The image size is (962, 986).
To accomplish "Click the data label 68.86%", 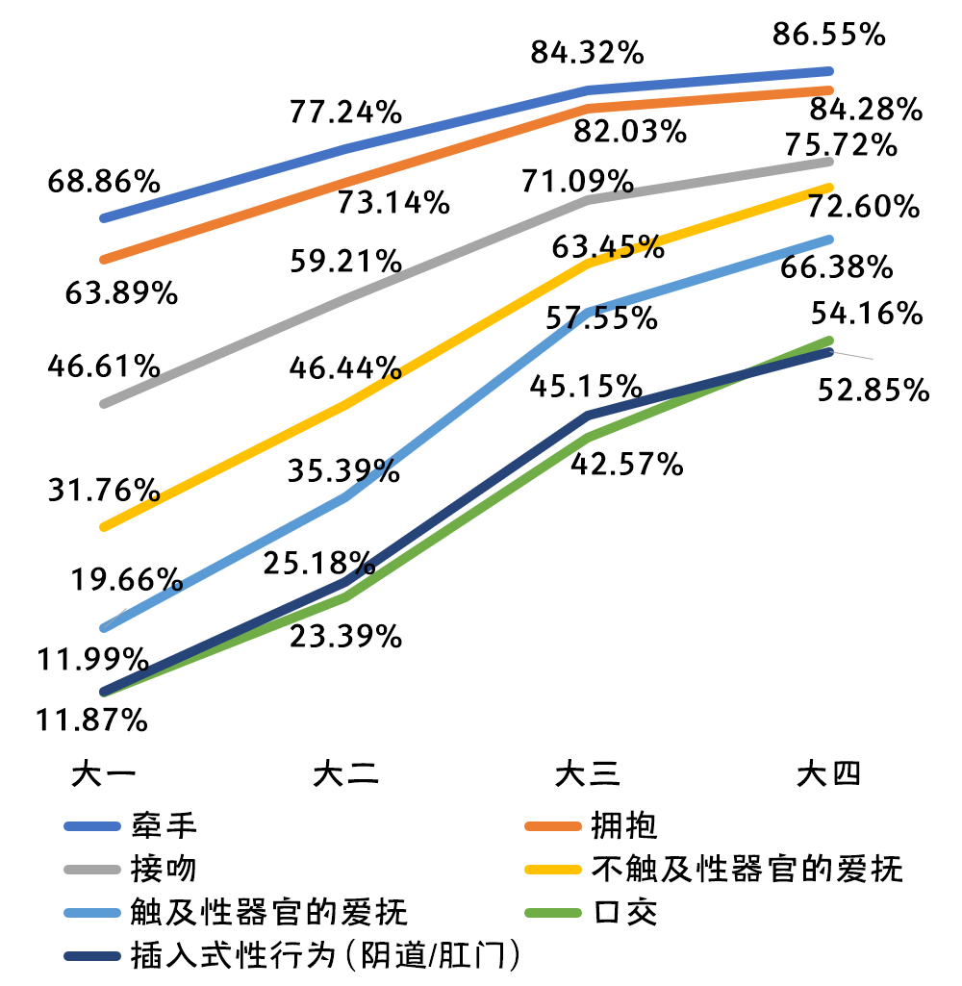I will tap(104, 182).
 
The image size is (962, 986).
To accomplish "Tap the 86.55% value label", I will tap(828, 36).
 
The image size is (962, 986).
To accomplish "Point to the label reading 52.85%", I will tap(873, 391).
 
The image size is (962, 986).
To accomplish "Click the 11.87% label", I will tap(92, 719).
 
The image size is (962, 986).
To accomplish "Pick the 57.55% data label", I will tap(603, 318).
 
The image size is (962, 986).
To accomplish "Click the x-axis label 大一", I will tap(104, 775).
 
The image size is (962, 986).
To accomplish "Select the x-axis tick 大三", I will tap(587, 775).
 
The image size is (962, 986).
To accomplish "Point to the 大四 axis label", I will tap(828, 775).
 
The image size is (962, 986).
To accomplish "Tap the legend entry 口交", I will tap(624, 912).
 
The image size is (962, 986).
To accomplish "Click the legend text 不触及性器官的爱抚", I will tap(747, 869).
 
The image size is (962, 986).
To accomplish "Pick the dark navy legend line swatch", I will tap(92, 955).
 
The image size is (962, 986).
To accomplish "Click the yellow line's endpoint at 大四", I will tap(828, 187).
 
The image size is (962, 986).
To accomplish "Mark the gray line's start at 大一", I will tap(104, 403).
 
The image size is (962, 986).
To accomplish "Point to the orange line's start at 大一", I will tap(104, 260).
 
